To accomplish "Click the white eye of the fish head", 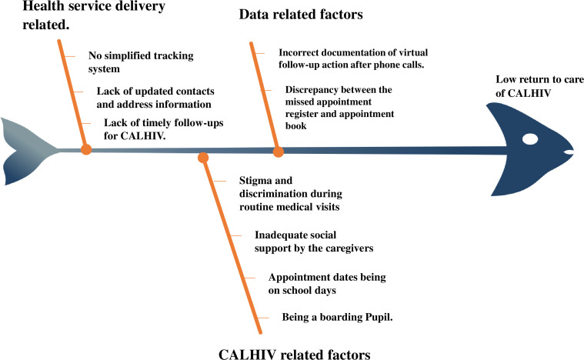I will [x=531, y=140].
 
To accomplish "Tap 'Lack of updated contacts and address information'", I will [x=154, y=96].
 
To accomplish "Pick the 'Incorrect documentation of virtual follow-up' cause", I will [x=363, y=58].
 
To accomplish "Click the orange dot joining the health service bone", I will [x=86, y=151].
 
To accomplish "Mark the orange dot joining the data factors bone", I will [x=278, y=152].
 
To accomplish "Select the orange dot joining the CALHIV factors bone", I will [x=203, y=158].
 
